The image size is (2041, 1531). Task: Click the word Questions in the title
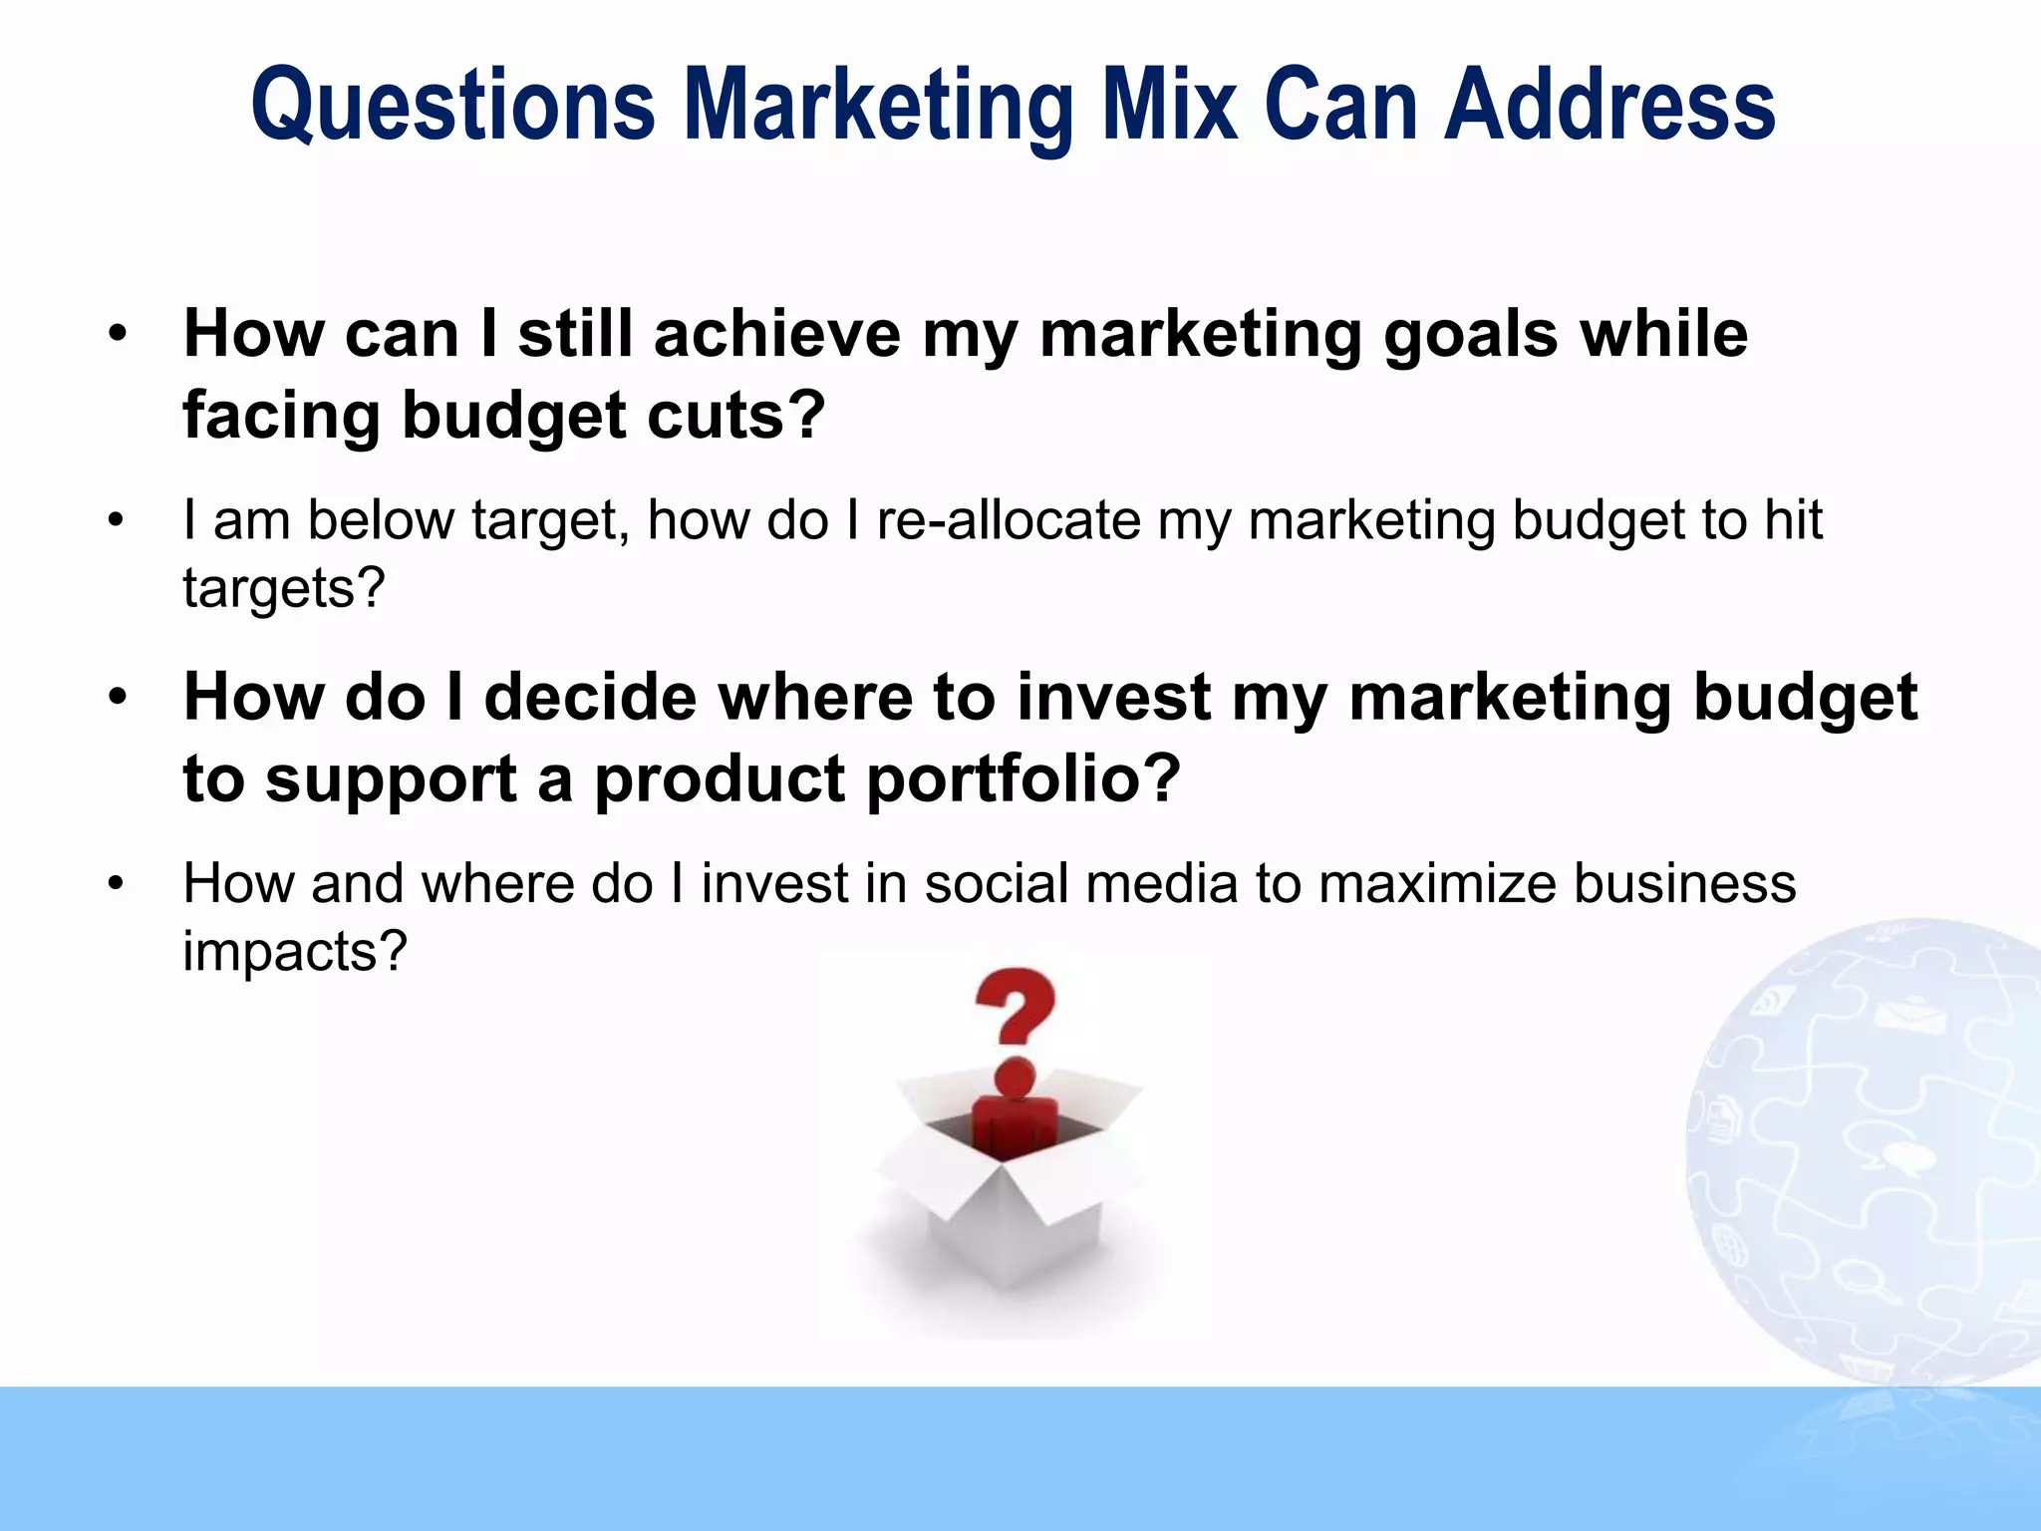pyautogui.click(x=453, y=106)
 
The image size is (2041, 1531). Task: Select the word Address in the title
pyautogui.click(x=1609, y=106)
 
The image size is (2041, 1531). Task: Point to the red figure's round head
pyautogui.click(x=1015, y=1078)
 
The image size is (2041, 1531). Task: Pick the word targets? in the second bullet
pyautogui.click(x=283, y=588)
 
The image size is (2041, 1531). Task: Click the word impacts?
pyautogui.click(x=295, y=952)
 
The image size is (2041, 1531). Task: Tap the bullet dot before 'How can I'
pyautogui.click(x=118, y=334)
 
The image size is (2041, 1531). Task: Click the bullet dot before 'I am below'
pyautogui.click(x=117, y=520)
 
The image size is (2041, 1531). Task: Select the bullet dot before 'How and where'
pyautogui.click(x=117, y=884)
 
